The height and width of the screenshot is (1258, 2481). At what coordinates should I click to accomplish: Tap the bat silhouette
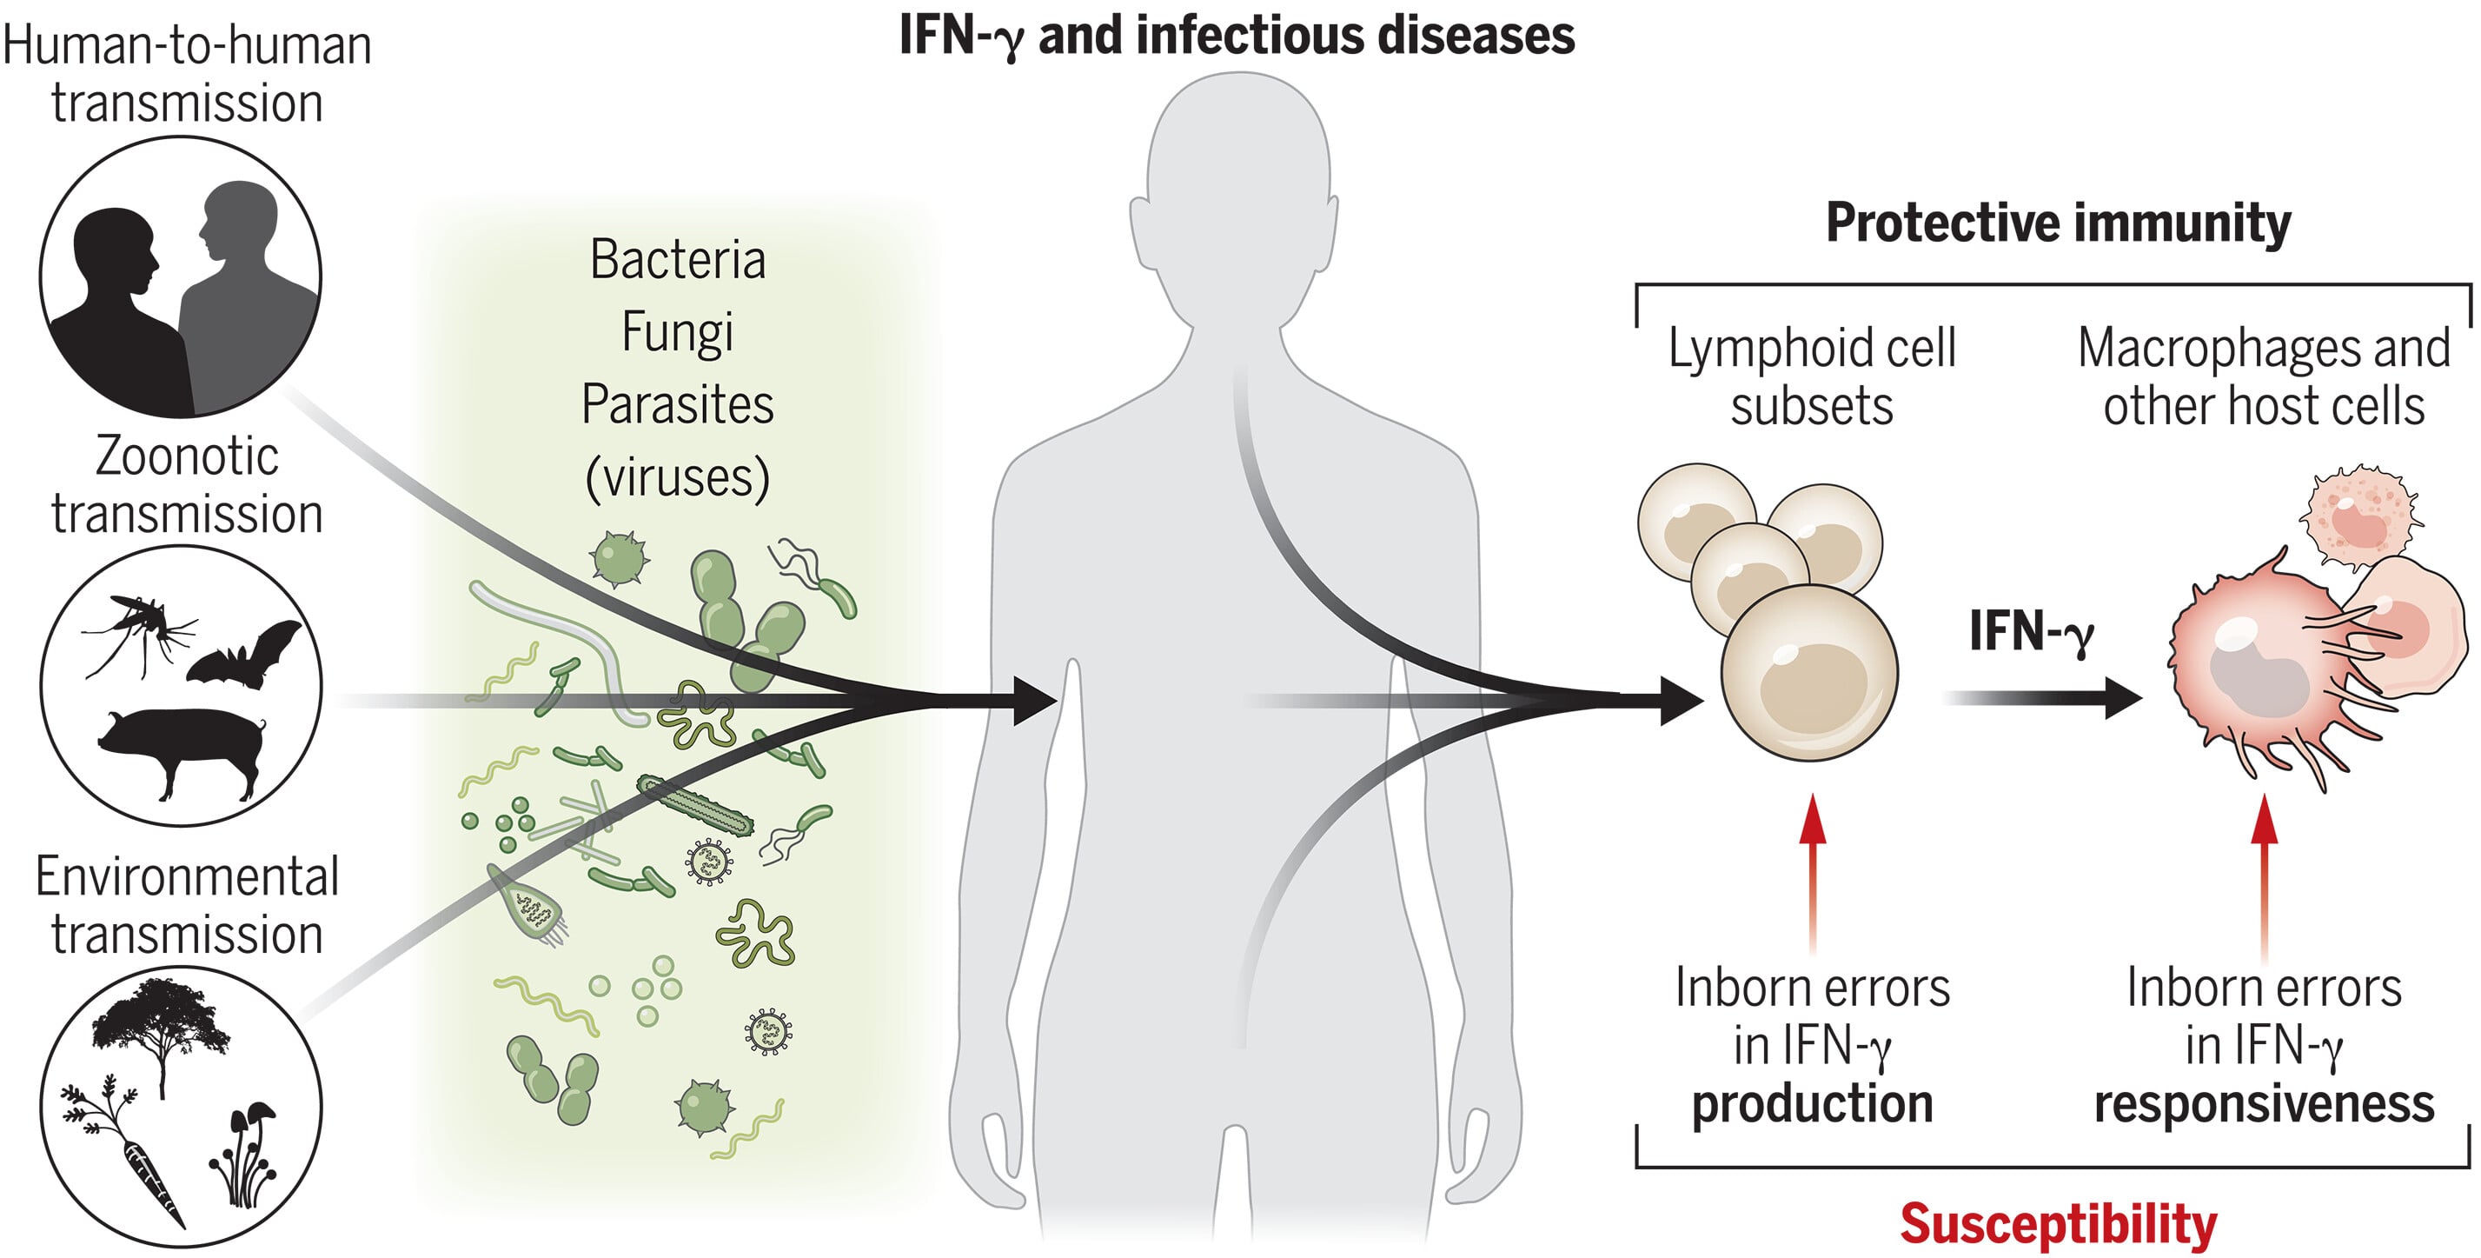click(247, 655)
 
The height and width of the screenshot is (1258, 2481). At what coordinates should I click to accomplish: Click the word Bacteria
click(677, 260)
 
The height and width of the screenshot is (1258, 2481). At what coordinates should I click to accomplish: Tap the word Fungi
click(677, 333)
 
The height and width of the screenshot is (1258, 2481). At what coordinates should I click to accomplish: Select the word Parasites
click(677, 404)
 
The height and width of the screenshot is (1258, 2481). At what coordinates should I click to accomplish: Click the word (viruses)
click(677, 476)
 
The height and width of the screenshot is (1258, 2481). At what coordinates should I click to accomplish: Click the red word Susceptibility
click(2057, 1224)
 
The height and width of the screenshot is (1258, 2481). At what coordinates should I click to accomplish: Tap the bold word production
click(1812, 1104)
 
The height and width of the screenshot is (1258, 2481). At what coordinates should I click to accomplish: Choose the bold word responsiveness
click(2264, 1104)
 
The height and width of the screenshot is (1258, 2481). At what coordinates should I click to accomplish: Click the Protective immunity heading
click(2057, 223)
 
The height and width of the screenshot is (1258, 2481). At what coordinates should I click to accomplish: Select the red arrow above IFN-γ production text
click(1813, 867)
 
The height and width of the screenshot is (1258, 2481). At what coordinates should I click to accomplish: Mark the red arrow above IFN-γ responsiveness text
click(2265, 867)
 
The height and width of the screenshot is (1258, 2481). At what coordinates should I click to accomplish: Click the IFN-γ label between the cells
click(2030, 632)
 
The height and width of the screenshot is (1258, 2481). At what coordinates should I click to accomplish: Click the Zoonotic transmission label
click(187, 484)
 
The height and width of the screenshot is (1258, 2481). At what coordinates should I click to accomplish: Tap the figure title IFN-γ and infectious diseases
click(1237, 37)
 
